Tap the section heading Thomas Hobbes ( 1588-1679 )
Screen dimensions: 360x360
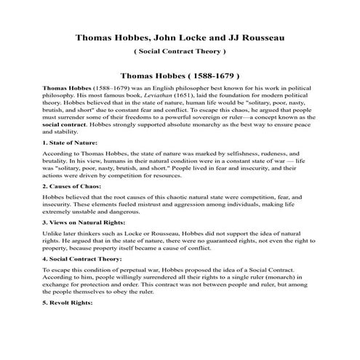[180, 75]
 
